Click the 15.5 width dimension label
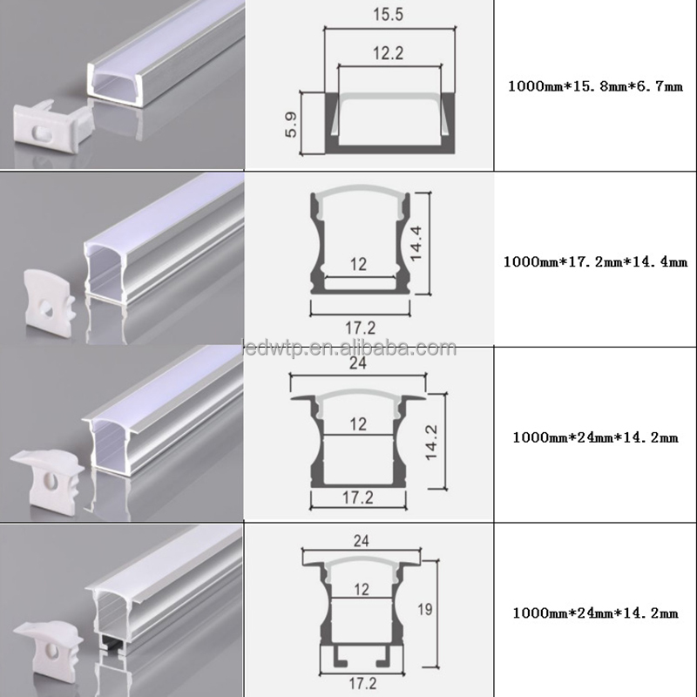pos(388,14)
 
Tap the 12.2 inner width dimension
pos(388,53)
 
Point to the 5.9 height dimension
pos(291,125)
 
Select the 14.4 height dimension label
pos(416,244)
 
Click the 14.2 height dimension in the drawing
pos(431,443)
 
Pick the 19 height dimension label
pos(425,609)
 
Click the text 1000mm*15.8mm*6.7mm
pos(595,85)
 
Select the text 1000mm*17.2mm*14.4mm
pos(595,261)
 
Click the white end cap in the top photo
pos(53,125)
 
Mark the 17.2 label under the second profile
pos(361,328)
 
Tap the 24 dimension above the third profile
pos(358,363)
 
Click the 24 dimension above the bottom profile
pos(362,540)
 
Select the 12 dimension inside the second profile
pos(358,265)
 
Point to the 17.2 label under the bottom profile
pos(362,683)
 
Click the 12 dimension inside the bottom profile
pos(362,590)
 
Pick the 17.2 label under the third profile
pos(358,497)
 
